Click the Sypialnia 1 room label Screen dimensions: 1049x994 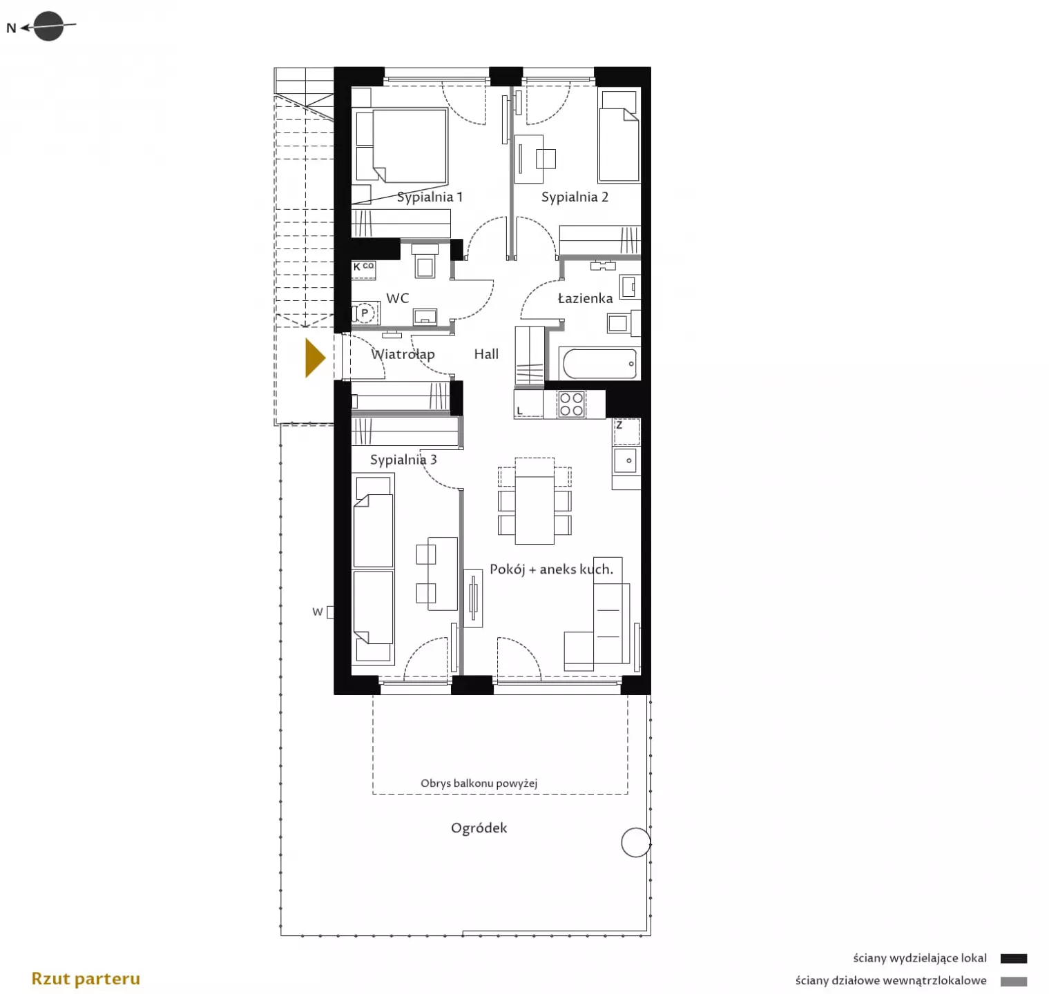coord(430,197)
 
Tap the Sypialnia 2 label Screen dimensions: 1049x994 coord(575,197)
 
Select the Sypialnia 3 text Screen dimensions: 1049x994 coord(403,460)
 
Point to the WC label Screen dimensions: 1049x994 coord(398,298)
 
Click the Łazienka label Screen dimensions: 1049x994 coord(585,298)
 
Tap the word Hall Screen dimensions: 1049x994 coord(486,354)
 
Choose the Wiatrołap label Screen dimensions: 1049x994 coord(403,355)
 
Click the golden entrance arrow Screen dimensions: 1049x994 coord(315,358)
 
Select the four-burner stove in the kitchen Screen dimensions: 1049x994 coord(571,405)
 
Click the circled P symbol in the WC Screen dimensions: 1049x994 coord(365,313)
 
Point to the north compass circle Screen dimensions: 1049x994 coord(48,27)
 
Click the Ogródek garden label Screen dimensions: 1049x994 coord(479,828)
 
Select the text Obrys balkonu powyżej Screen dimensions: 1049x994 coord(479,783)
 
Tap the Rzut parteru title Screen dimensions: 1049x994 coord(86,979)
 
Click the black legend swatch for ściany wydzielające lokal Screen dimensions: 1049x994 coord(1014,958)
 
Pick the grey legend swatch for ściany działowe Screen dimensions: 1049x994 coord(1014,981)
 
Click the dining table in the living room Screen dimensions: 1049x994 coord(535,500)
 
